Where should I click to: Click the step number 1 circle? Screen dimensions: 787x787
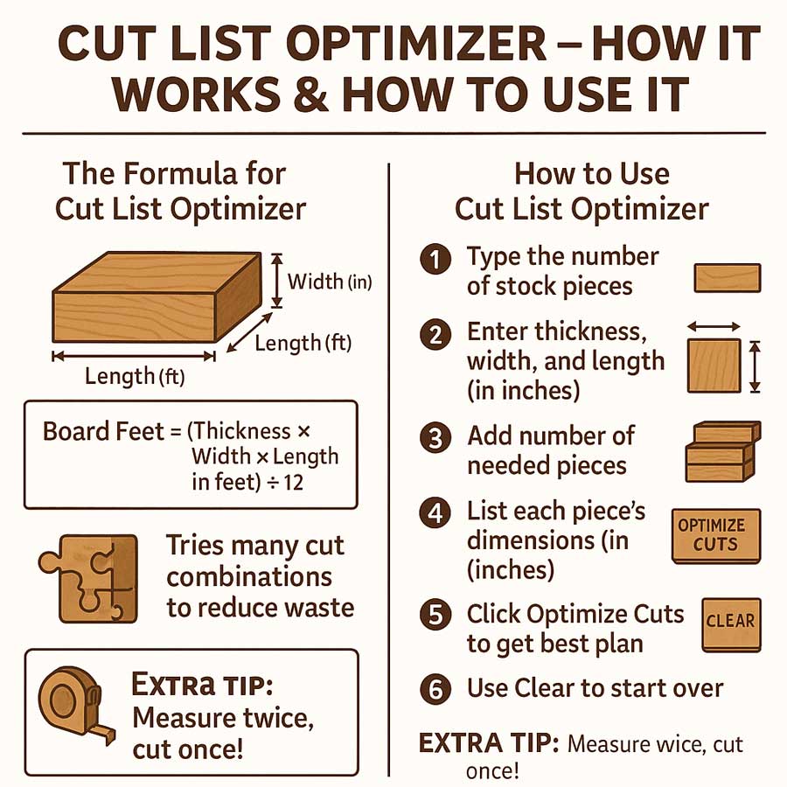click(435, 261)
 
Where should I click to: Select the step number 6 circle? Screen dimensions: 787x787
click(435, 688)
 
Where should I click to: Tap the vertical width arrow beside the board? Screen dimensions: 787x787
click(276, 280)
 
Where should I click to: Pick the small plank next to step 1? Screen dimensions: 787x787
click(727, 278)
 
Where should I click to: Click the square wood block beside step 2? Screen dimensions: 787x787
click(714, 366)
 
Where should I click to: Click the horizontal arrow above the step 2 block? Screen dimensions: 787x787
click(714, 326)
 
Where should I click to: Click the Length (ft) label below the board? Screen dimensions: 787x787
click(135, 378)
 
